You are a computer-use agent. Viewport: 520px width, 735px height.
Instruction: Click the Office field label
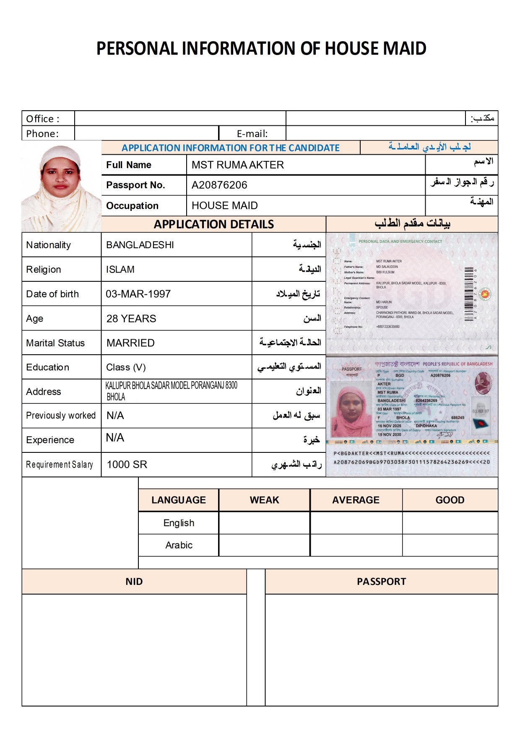click(43, 119)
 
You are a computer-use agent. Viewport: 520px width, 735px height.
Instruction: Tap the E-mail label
click(252, 134)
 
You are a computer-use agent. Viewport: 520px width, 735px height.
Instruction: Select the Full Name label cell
click(129, 165)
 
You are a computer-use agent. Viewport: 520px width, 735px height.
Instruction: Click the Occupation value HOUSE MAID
click(224, 206)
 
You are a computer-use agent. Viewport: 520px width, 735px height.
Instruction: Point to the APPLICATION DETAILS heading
click(213, 224)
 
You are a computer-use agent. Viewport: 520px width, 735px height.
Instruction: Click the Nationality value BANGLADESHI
click(140, 245)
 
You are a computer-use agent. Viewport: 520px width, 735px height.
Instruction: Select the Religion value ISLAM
click(120, 270)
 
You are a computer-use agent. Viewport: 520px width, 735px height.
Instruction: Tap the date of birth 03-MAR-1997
click(138, 294)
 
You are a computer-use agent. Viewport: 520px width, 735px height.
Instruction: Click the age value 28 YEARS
click(131, 319)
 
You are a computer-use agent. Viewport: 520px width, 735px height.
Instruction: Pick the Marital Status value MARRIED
click(130, 343)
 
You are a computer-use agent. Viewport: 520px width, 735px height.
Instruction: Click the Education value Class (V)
click(126, 367)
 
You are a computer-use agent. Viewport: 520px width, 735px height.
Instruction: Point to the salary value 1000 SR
click(127, 465)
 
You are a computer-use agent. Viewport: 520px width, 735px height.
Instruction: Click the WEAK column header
click(264, 500)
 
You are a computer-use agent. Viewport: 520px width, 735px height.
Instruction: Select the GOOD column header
click(450, 500)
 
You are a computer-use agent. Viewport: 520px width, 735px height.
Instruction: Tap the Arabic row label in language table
click(179, 545)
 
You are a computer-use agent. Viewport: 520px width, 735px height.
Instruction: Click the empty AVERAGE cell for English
click(356, 523)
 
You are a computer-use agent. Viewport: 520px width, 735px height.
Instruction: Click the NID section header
click(134, 582)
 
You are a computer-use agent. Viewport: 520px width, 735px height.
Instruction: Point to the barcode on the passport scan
click(469, 294)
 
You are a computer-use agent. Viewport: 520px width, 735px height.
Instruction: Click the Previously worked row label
click(61, 416)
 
